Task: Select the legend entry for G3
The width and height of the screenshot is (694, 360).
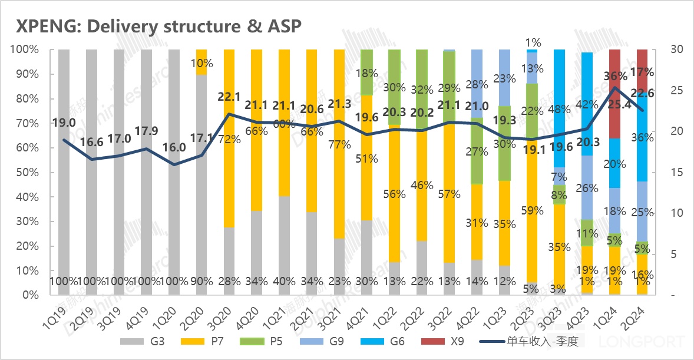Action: tap(148, 341)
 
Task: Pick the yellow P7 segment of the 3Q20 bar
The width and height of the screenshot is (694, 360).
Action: tap(229, 177)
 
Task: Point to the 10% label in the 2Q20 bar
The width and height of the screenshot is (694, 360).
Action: tap(202, 63)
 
